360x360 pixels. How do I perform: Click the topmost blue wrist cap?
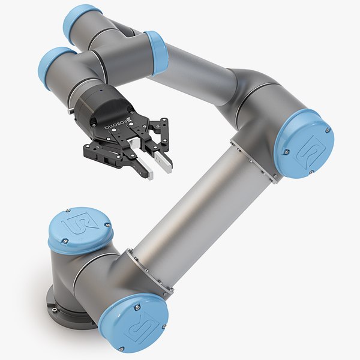pyautogui.click(x=82, y=17)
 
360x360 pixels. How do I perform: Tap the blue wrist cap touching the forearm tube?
pyautogui.click(x=155, y=53)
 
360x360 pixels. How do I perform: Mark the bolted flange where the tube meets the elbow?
pyautogui.click(x=255, y=159)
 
